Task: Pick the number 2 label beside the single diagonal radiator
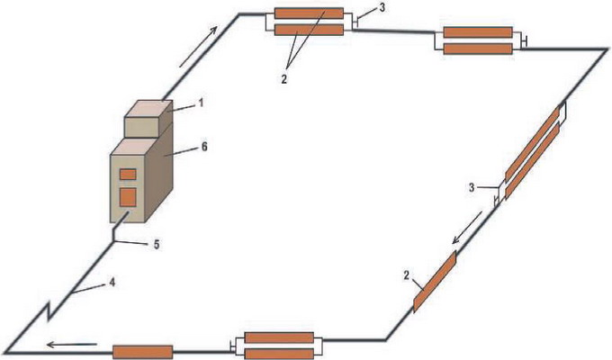click(407, 274)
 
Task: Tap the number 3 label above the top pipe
click(360, 8)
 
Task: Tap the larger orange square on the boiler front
click(128, 195)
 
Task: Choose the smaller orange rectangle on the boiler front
click(128, 174)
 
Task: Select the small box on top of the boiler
click(148, 117)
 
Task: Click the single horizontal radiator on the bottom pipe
click(141, 351)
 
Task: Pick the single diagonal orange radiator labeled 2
click(435, 281)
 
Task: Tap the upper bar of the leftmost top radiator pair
click(309, 14)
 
